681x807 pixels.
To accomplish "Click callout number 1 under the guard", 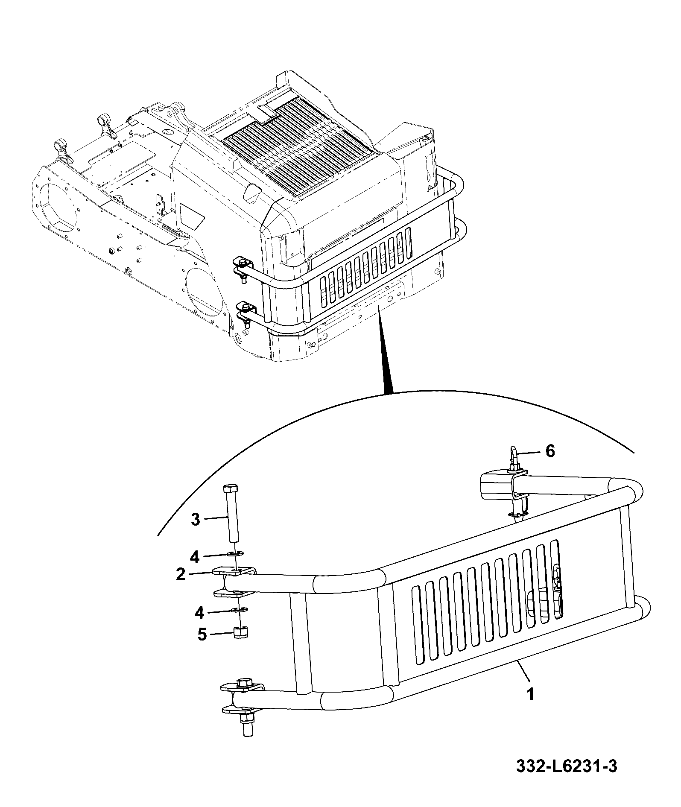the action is tap(530, 694).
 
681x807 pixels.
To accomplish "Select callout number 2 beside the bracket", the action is tap(181, 574).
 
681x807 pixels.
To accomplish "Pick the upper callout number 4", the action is tap(195, 557).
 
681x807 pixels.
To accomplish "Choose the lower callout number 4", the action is tap(199, 613).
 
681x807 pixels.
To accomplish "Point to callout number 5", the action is tap(202, 634).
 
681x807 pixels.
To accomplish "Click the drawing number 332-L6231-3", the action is tap(567, 778).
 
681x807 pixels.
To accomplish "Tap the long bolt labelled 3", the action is tap(231, 513).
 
